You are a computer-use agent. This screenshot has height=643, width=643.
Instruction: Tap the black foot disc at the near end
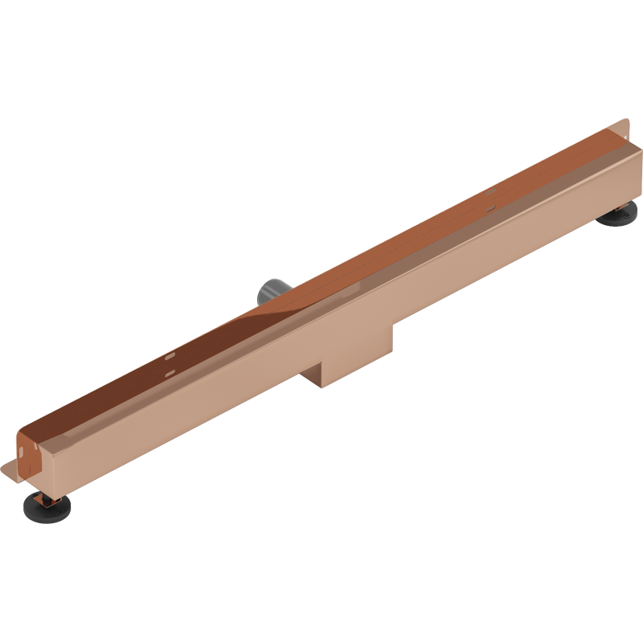pos(49,506)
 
